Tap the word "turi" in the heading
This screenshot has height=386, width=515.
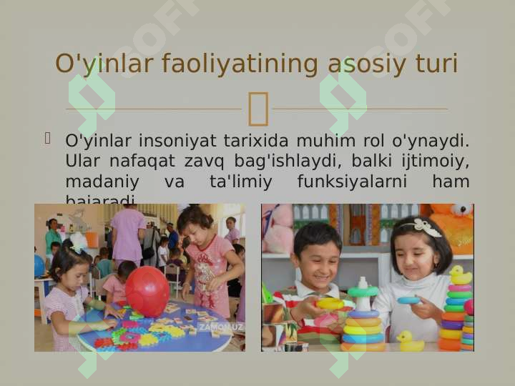tap(436, 64)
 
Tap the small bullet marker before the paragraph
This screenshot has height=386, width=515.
tap(49, 137)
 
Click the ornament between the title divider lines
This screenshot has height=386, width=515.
tap(257, 109)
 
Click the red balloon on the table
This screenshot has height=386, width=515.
tap(147, 291)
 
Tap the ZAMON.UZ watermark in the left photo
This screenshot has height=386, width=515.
tap(220, 327)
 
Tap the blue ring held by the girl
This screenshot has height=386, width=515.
tap(409, 300)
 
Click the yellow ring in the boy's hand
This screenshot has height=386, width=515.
tap(330, 303)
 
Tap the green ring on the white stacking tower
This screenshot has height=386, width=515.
tap(363, 292)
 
